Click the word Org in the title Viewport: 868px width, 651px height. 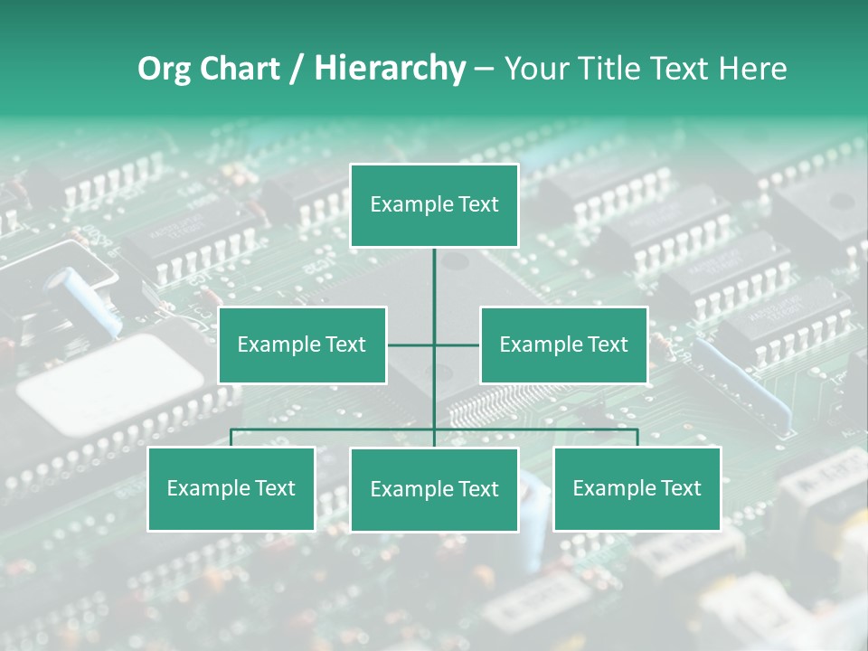(x=164, y=69)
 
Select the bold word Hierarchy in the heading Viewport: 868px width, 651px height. (x=390, y=69)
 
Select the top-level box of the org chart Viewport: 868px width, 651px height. (x=434, y=205)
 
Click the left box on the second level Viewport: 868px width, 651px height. (x=302, y=344)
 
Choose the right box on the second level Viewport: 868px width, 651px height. (x=564, y=344)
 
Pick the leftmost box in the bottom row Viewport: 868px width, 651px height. (x=231, y=489)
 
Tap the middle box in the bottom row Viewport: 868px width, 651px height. (x=434, y=490)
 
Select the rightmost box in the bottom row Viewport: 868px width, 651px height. (x=637, y=489)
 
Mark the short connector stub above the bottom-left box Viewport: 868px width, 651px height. (x=231, y=438)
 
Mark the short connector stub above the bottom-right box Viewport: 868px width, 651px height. (x=637, y=438)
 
